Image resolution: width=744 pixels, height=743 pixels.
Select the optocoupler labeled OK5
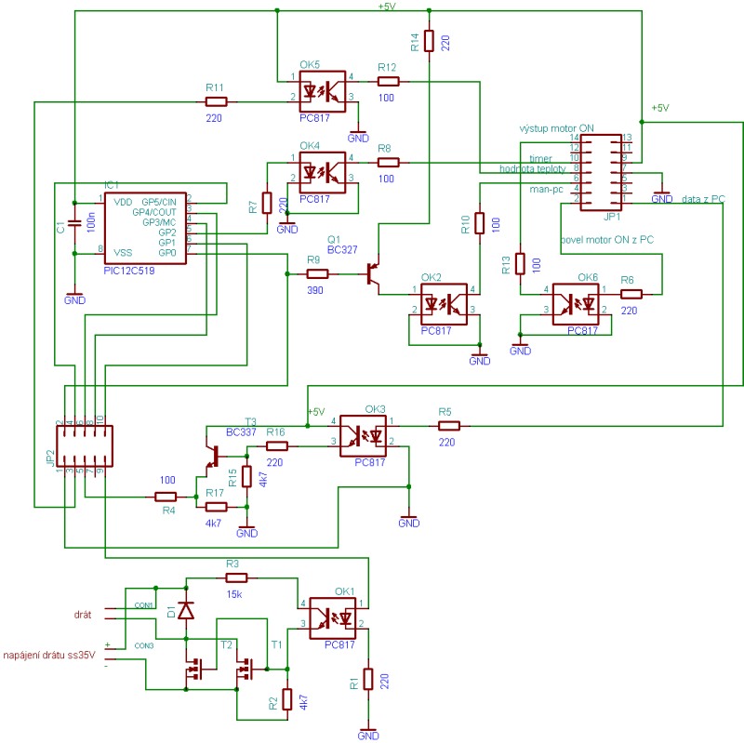[322, 90]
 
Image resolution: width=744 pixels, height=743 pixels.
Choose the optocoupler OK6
[577, 301]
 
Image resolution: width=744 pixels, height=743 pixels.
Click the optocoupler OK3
[364, 432]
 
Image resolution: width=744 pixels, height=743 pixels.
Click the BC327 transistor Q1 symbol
[374, 273]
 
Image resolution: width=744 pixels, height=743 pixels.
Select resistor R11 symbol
[216, 100]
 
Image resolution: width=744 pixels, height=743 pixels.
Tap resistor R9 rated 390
[318, 274]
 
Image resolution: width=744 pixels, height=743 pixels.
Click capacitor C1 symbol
[73, 225]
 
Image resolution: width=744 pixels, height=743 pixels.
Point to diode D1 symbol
[187, 611]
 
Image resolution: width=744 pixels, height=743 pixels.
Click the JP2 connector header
[84, 446]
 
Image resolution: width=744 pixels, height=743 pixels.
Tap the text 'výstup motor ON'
[557, 128]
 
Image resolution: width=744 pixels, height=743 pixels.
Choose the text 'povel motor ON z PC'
[606, 240]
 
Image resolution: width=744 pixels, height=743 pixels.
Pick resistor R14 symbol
[429, 41]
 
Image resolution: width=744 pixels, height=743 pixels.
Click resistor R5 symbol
[448, 425]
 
